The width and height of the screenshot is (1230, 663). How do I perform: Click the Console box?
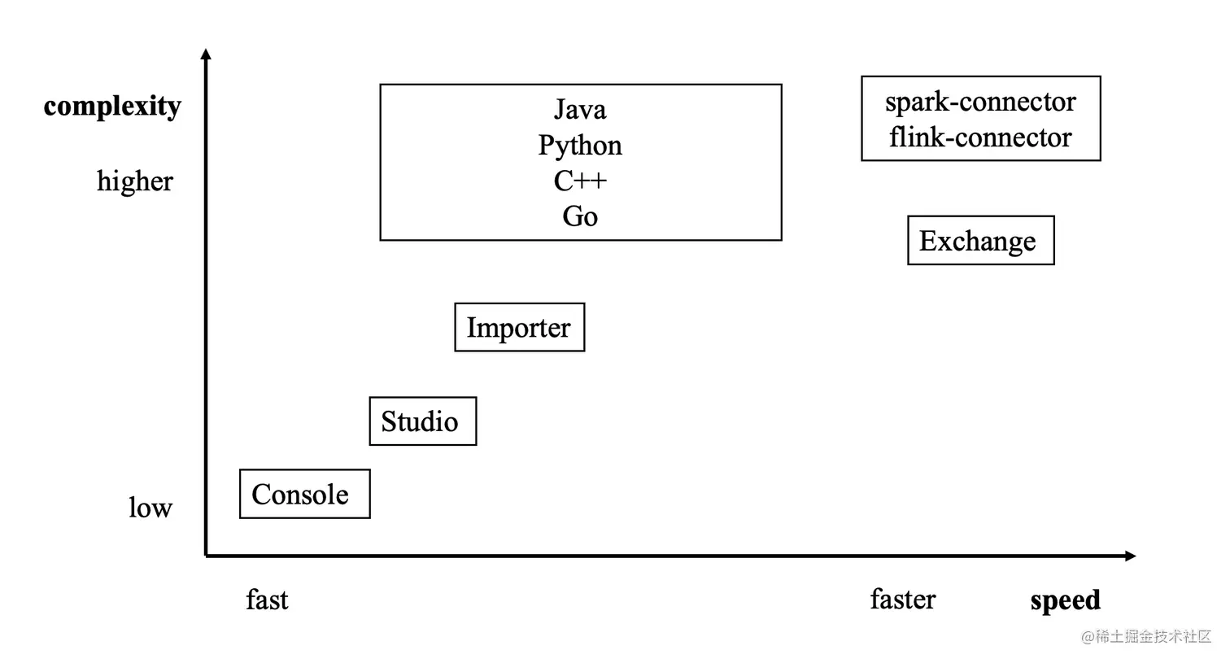pyautogui.click(x=304, y=494)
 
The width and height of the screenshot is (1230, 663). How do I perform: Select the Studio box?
pyautogui.click(x=422, y=421)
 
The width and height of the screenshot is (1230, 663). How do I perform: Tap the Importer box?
pyautogui.click(x=519, y=327)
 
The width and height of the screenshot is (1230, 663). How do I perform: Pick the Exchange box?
pyautogui.click(x=980, y=240)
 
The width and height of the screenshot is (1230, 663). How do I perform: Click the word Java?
pyautogui.click(x=580, y=109)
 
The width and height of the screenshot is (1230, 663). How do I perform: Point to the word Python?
pyautogui.click(x=580, y=145)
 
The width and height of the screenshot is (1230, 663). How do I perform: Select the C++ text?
pyautogui.click(x=580, y=181)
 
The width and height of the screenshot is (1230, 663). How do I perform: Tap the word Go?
pyautogui.click(x=580, y=216)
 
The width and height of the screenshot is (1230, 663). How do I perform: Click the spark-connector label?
pyautogui.click(x=980, y=102)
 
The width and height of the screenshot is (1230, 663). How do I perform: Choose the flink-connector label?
pyautogui.click(x=980, y=137)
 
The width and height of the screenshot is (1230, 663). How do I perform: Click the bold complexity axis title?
pyautogui.click(x=112, y=106)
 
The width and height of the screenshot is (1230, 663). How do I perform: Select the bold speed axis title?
pyautogui.click(x=1065, y=600)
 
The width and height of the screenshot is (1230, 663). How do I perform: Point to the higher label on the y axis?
pyautogui.click(x=135, y=181)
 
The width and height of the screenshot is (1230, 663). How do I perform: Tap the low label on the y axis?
pyautogui.click(x=150, y=508)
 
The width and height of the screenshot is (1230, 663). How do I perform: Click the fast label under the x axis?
pyautogui.click(x=267, y=600)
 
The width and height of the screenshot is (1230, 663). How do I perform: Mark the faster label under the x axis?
pyautogui.click(x=903, y=600)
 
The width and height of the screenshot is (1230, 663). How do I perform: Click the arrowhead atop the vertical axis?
pyautogui.click(x=206, y=55)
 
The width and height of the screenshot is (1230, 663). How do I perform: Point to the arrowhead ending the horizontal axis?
pyautogui.click(x=1130, y=556)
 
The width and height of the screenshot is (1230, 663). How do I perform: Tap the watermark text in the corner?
pyautogui.click(x=1146, y=636)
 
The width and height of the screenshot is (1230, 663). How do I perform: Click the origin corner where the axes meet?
pyautogui.click(x=206, y=556)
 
